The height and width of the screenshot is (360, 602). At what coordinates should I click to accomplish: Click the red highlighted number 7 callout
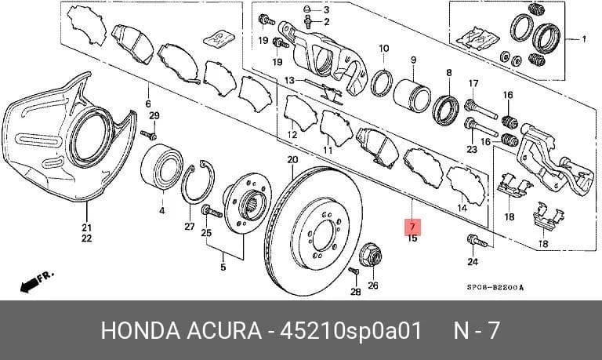click(413, 227)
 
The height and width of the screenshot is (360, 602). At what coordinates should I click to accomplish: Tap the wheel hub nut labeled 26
click(371, 255)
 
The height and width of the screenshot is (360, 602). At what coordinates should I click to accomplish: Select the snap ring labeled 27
click(198, 182)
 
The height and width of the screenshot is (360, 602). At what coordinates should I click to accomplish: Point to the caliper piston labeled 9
click(412, 96)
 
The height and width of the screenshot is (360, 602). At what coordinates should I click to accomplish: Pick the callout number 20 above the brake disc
click(292, 159)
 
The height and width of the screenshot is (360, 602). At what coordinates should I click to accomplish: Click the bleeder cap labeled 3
click(307, 9)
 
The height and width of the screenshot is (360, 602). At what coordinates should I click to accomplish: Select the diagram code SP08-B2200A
click(495, 286)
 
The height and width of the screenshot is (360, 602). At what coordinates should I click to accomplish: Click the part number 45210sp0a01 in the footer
click(351, 330)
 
